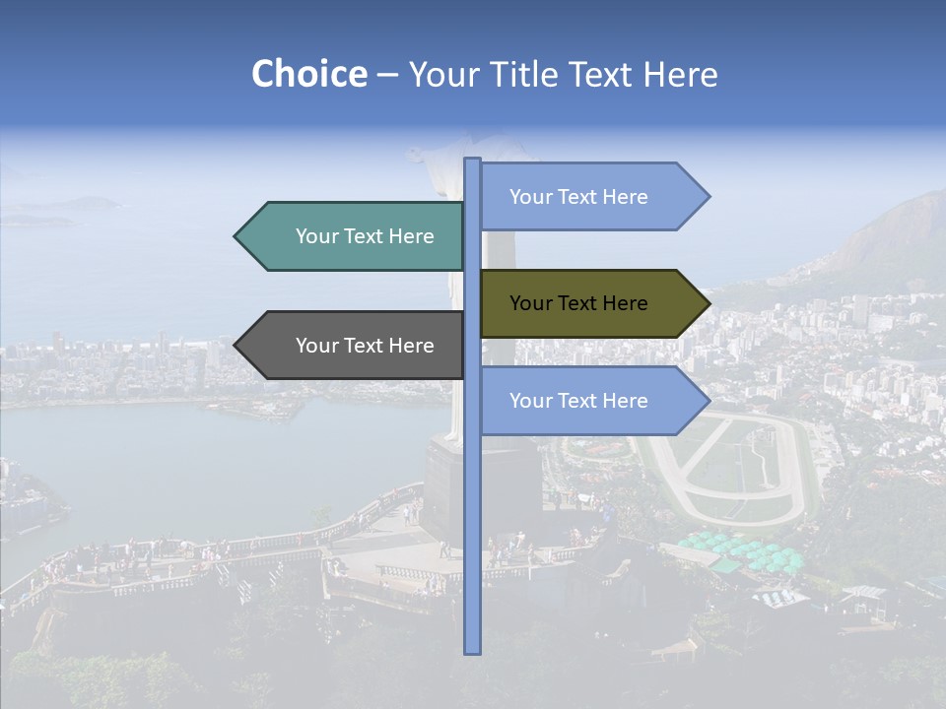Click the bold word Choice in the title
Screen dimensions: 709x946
308,75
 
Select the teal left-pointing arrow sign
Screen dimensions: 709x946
355,236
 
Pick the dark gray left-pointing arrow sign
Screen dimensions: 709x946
355,346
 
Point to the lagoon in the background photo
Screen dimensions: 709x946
197,453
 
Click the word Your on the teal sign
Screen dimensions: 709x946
316,236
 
